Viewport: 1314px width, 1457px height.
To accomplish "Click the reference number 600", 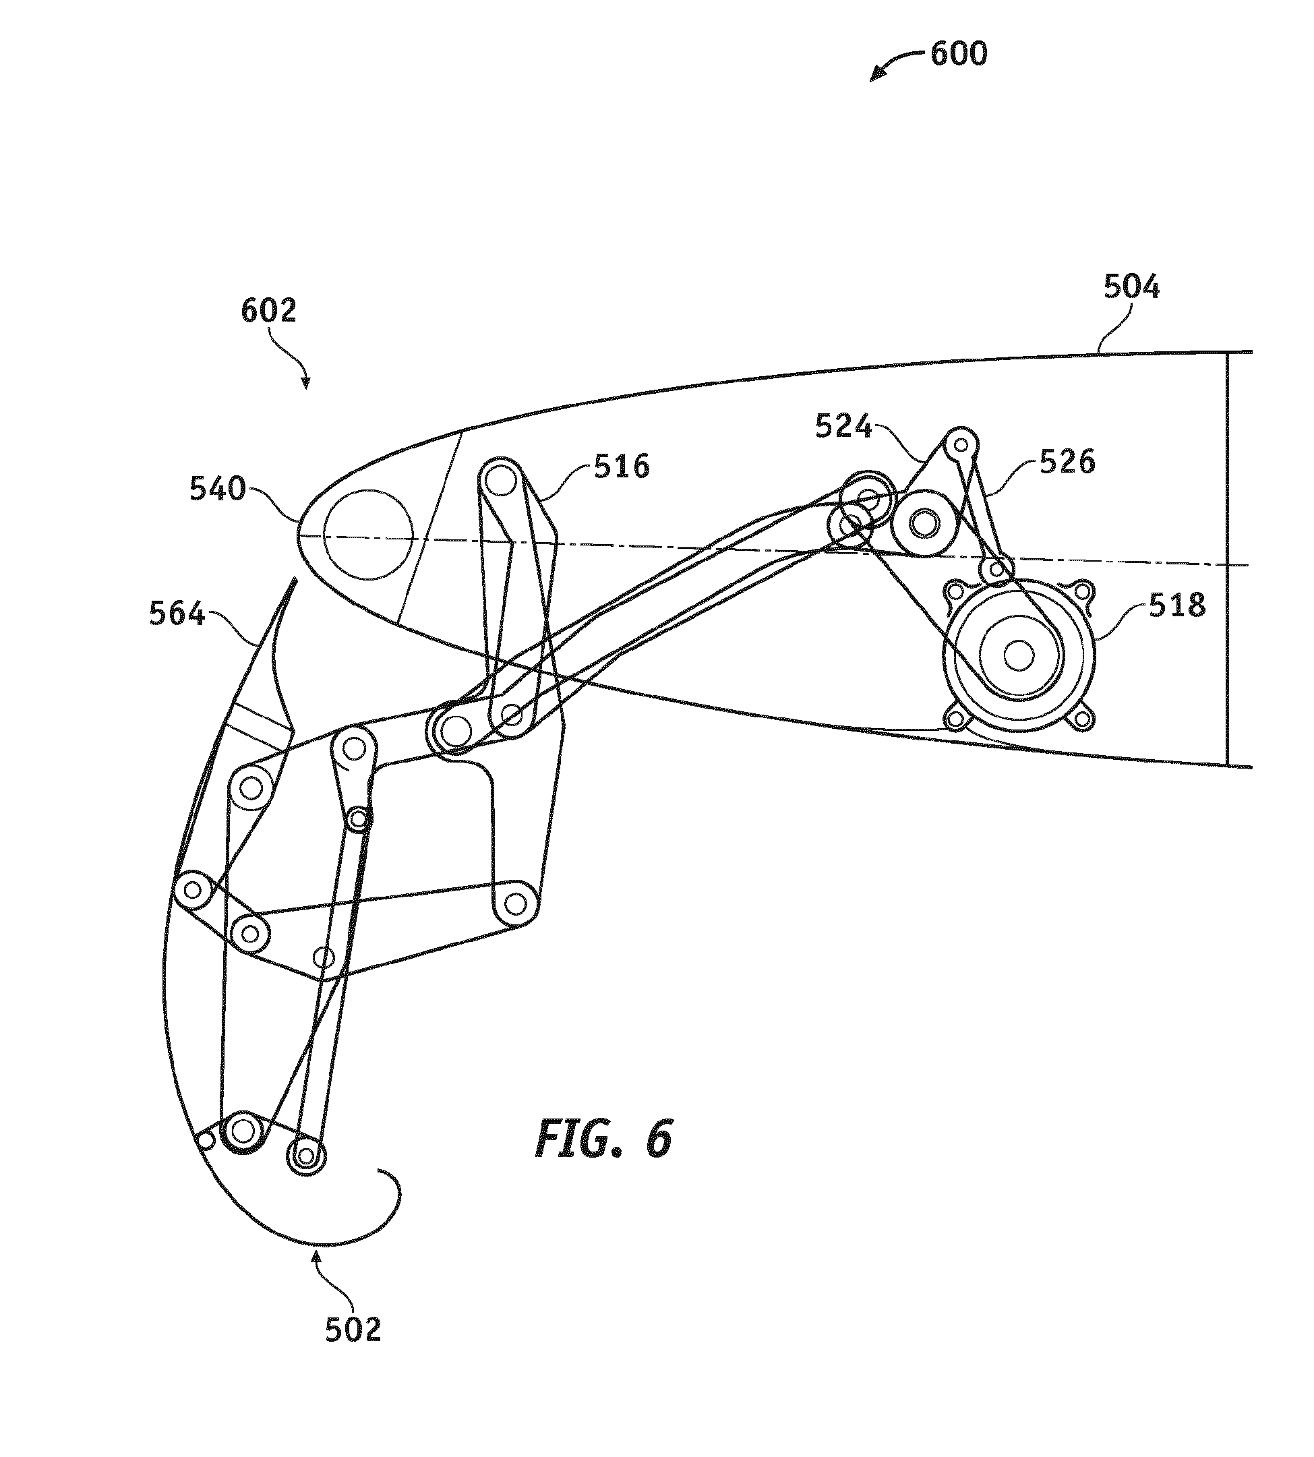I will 958,54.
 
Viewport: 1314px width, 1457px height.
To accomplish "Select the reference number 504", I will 1131,287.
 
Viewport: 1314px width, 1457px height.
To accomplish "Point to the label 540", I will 217,489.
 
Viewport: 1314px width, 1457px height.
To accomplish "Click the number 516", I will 622,467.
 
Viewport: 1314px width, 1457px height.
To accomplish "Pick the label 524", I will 843,427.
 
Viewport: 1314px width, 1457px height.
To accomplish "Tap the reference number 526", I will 1067,461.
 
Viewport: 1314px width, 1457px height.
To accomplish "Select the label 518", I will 1178,605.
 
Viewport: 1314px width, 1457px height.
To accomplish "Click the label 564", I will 177,614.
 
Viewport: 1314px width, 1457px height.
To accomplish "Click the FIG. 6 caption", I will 603,1139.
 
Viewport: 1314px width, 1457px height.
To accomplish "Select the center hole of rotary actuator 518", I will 1019,655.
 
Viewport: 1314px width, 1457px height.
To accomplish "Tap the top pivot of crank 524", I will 961,442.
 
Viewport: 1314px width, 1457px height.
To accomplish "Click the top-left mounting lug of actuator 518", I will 955,592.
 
